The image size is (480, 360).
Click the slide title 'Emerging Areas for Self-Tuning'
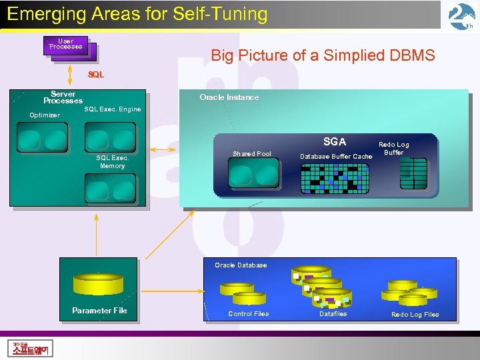point(137,14)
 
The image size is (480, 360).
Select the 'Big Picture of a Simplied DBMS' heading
point(323,55)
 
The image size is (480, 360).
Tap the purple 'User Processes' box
point(67,45)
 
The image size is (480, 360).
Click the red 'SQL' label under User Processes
point(96,75)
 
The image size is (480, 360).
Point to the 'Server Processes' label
point(63,97)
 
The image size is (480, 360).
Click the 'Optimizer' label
point(45,115)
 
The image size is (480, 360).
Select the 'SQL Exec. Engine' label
point(112,109)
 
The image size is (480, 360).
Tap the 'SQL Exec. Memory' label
point(112,162)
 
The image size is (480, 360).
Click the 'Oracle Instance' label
point(229,97)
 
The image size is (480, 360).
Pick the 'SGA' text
point(334,141)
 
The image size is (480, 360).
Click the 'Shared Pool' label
point(252,154)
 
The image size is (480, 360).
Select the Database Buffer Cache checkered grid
point(335,177)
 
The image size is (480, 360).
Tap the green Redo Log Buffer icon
point(413,173)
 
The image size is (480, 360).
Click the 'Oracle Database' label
point(241,265)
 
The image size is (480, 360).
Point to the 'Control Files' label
point(248,314)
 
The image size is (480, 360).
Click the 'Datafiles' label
point(333,314)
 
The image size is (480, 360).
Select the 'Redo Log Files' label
point(415,315)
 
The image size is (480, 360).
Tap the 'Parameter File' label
point(99,311)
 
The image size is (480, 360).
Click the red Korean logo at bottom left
point(32,348)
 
